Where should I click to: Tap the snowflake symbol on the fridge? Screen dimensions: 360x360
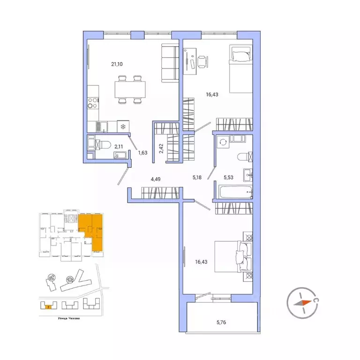coord(123,127)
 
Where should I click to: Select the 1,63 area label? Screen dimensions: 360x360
coord(142,152)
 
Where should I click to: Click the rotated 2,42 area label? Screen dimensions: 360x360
coord(161,149)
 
